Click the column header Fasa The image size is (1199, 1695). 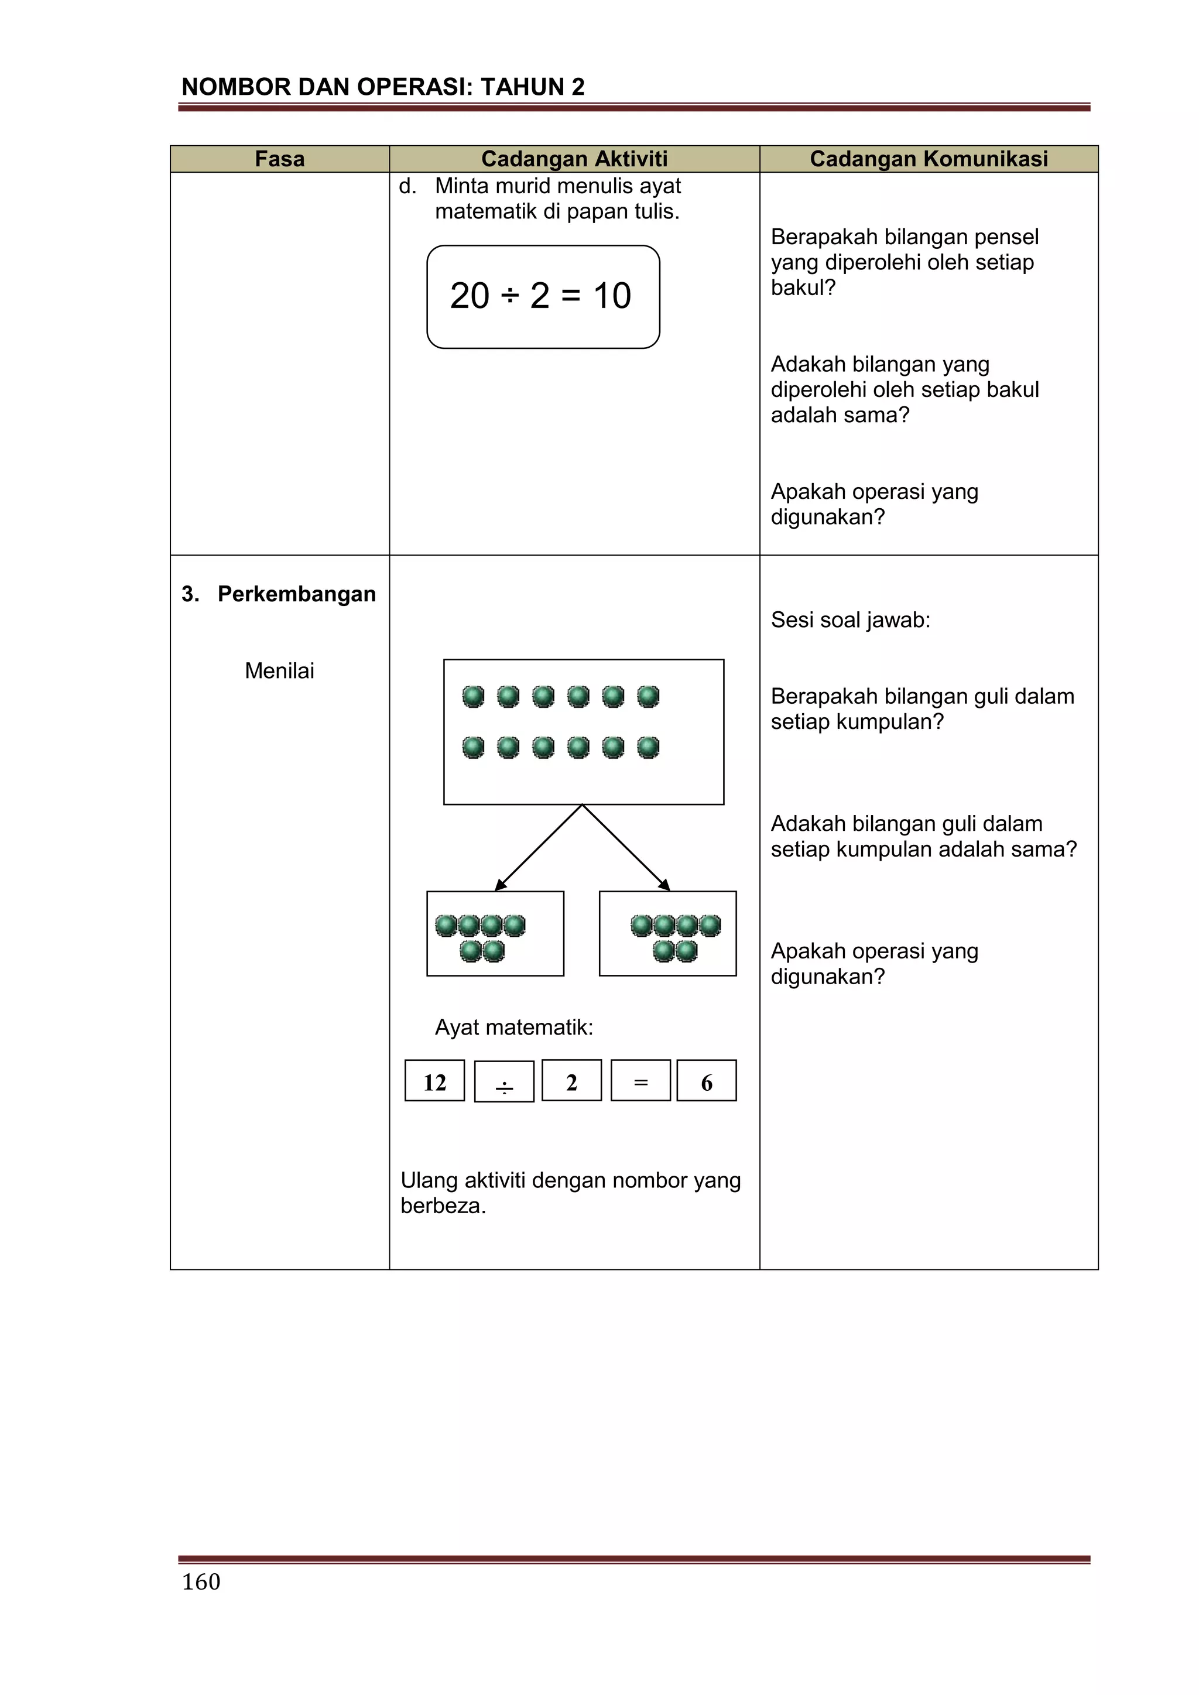click(279, 159)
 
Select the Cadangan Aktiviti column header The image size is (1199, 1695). click(574, 159)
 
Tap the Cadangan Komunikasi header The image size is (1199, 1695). click(928, 159)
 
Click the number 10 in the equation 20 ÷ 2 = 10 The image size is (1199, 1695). click(612, 296)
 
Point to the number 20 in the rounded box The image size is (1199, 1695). click(470, 296)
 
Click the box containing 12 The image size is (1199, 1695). click(435, 1081)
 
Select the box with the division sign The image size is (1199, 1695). click(503, 1082)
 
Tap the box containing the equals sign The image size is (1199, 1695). click(641, 1081)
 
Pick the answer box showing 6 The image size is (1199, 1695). click(707, 1081)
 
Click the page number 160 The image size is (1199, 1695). click(201, 1581)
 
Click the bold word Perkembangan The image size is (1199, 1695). click(296, 594)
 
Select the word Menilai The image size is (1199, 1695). click(279, 670)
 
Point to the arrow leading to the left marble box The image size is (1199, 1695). click(538, 848)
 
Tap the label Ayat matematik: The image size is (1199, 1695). click(514, 1027)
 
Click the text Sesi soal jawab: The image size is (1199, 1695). click(851, 619)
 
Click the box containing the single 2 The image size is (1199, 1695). click(571, 1081)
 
